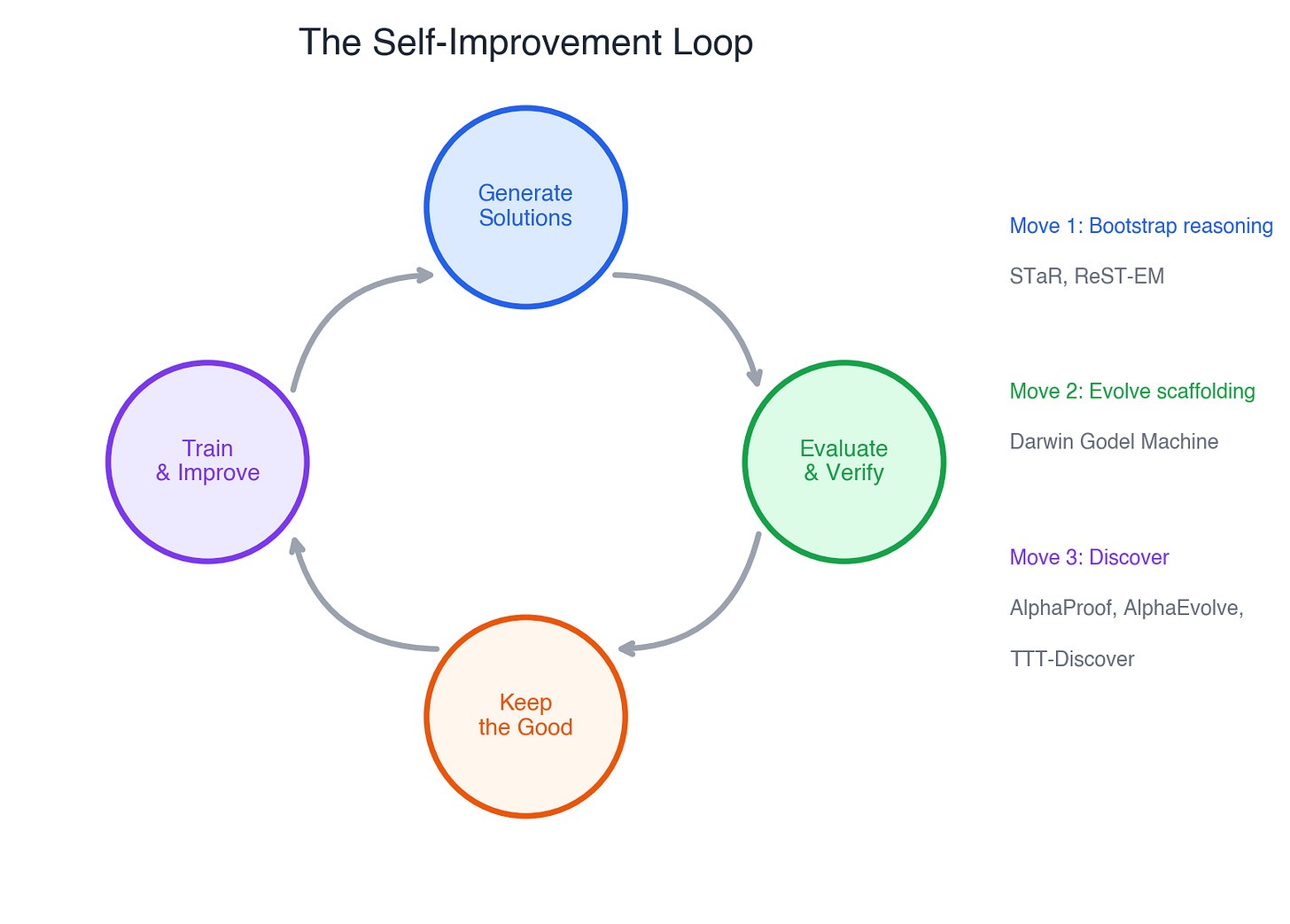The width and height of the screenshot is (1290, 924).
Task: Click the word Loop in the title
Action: pos(712,43)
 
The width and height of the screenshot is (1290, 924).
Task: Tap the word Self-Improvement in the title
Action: pos(517,43)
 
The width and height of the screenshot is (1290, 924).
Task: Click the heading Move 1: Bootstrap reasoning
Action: pos(1141,226)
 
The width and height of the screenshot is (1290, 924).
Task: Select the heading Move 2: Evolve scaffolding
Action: pos(1132,391)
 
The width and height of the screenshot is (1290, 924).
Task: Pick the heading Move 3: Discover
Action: pos(1089,556)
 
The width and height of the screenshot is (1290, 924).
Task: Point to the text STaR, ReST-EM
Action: pos(1087,276)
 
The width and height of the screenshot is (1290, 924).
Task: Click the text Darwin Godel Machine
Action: pos(1114,441)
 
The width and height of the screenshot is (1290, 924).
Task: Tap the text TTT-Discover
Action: pos(1072,658)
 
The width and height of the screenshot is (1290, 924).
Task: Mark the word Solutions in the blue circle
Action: pos(525,218)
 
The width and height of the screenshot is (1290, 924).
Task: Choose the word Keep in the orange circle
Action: pos(525,703)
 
